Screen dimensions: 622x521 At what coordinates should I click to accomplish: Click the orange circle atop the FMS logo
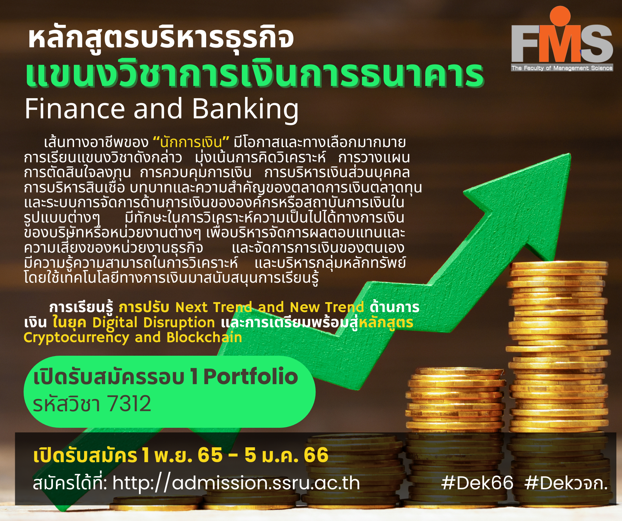tap(560, 16)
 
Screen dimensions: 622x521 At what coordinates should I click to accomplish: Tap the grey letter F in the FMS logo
tap(526, 44)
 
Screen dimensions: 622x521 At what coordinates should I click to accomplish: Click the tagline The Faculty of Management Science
tap(562, 68)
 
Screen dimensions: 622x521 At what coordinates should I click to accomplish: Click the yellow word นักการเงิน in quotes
tap(191, 142)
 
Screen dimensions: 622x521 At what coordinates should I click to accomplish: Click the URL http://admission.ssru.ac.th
tap(236, 483)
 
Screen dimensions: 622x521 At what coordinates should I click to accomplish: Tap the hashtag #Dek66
tap(477, 483)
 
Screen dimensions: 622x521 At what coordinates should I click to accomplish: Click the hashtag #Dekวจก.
tap(566, 483)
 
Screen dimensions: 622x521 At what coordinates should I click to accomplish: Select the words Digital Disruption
tap(154, 323)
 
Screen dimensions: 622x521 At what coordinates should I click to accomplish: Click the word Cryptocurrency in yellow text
tap(76, 338)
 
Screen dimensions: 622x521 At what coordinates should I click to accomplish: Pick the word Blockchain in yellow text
tap(204, 337)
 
